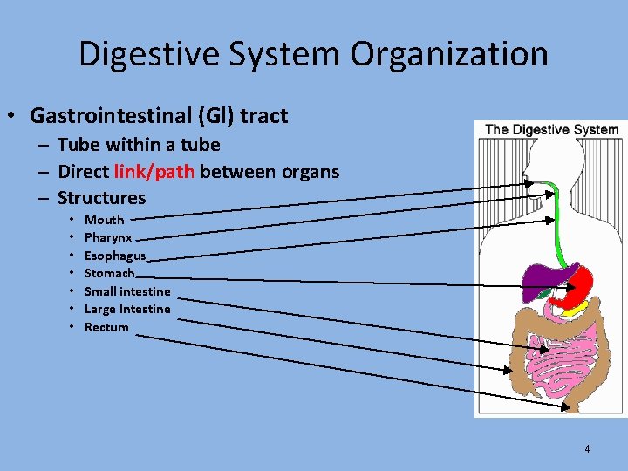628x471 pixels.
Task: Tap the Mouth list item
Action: click(104, 220)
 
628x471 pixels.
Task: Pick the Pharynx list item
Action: click(108, 237)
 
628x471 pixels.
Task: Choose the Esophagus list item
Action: click(115, 256)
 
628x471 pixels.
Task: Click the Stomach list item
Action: click(110, 273)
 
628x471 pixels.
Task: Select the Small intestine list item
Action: click(127, 291)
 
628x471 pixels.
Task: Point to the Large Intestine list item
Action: click(127, 309)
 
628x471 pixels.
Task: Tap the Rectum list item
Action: click(106, 327)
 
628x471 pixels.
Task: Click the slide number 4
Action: click(587, 449)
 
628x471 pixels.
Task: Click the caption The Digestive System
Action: click(551, 130)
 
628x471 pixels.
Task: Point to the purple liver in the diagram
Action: click(546, 276)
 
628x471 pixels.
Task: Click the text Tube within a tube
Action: click(139, 145)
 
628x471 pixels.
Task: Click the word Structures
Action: click(101, 198)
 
